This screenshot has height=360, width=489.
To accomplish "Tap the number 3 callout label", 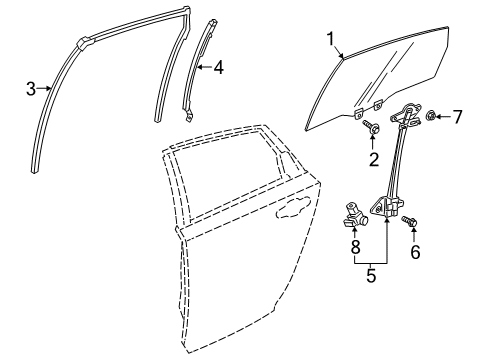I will (30, 88).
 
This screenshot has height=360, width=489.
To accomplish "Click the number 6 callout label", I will (415, 254).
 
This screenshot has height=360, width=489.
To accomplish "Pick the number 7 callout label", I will (457, 118).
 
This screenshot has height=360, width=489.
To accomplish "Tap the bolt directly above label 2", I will (371, 127).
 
